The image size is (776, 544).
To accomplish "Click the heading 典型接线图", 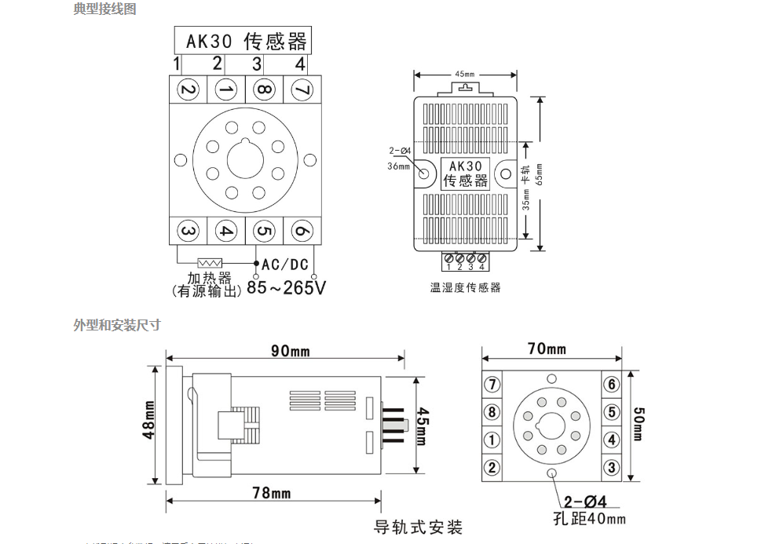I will click(104, 9).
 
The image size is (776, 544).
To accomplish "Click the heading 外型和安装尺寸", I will click(117, 325).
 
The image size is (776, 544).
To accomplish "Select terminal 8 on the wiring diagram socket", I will click(265, 90).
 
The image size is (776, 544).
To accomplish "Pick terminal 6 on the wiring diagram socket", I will click(302, 231).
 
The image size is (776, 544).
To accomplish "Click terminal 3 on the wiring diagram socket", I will click(188, 231).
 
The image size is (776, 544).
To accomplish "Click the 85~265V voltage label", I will click(286, 288).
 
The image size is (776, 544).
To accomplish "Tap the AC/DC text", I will click(285, 265).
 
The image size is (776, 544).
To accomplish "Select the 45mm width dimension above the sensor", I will click(465, 75).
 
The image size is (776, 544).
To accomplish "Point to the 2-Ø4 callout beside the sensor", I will click(400, 152).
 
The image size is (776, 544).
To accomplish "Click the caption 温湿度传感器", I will click(465, 288).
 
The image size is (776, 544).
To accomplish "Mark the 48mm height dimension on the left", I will click(149, 425).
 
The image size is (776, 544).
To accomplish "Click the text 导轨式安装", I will click(418, 526).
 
